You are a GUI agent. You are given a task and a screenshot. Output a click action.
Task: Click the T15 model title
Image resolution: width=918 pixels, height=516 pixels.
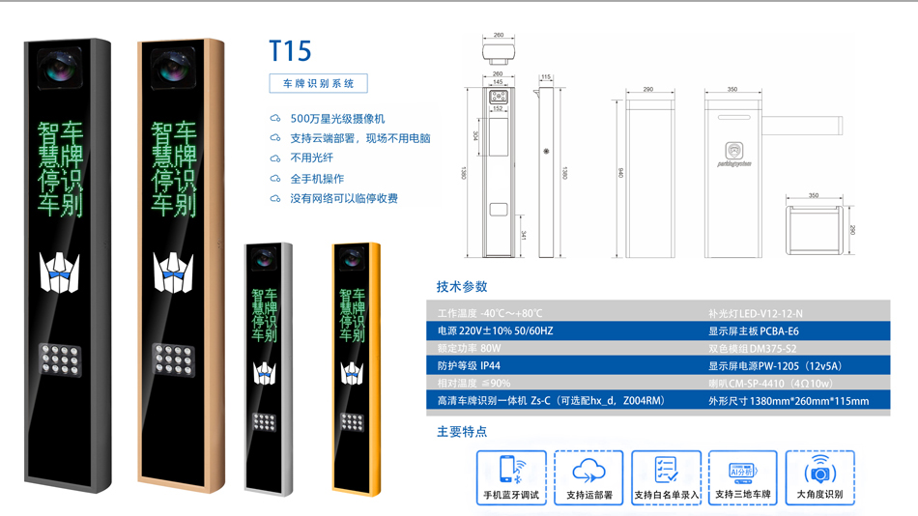click(x=290, y=50)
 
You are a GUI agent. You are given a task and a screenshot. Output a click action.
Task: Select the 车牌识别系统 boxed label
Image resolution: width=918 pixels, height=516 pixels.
click(x=318, y=84)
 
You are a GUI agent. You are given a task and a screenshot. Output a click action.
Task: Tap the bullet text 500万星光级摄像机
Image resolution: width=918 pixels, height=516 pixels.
click(x=337, y=118)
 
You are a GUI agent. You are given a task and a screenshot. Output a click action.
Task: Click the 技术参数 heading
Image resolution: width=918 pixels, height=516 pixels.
click(x=462, y=286)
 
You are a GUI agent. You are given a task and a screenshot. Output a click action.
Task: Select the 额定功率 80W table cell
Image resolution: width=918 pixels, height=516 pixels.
click(x=470, y=349)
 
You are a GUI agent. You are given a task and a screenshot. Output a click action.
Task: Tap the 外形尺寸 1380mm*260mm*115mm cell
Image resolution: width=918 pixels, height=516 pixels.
click(x=789, y=401)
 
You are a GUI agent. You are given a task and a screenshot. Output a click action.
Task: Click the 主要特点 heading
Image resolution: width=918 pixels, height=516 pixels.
click(x=462, y=432)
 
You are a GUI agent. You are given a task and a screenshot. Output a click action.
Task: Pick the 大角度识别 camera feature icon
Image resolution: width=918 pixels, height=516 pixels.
click(x=819, y=471)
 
